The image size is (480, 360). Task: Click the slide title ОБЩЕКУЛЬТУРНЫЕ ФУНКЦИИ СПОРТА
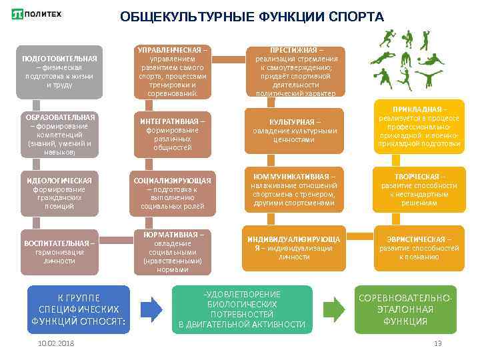[x=252, y=17]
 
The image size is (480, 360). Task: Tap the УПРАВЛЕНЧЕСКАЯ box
[x=173, y=71]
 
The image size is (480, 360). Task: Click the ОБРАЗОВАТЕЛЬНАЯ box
[x=59, y=135]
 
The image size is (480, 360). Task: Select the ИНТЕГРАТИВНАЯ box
[x=173, y=134]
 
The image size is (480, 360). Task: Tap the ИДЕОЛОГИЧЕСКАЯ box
[x=59, y=193]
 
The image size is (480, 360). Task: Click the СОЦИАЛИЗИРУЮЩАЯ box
[x=173, y=193]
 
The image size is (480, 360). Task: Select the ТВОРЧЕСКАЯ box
[x=419, y=189]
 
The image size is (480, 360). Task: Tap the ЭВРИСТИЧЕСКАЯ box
[x=419, y=247]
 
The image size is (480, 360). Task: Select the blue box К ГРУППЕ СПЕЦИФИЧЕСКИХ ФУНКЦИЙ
[x=79, y=309]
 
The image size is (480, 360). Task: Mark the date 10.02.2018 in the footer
[x=57, y=343]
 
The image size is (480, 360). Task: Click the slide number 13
[x=437, y=343]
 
